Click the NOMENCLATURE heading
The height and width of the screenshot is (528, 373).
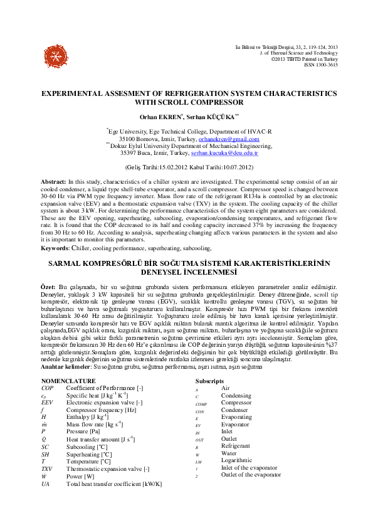click(69, 381)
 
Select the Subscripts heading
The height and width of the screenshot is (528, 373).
click(209, 381)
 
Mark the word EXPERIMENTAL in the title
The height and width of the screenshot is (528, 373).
click(78, 92)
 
